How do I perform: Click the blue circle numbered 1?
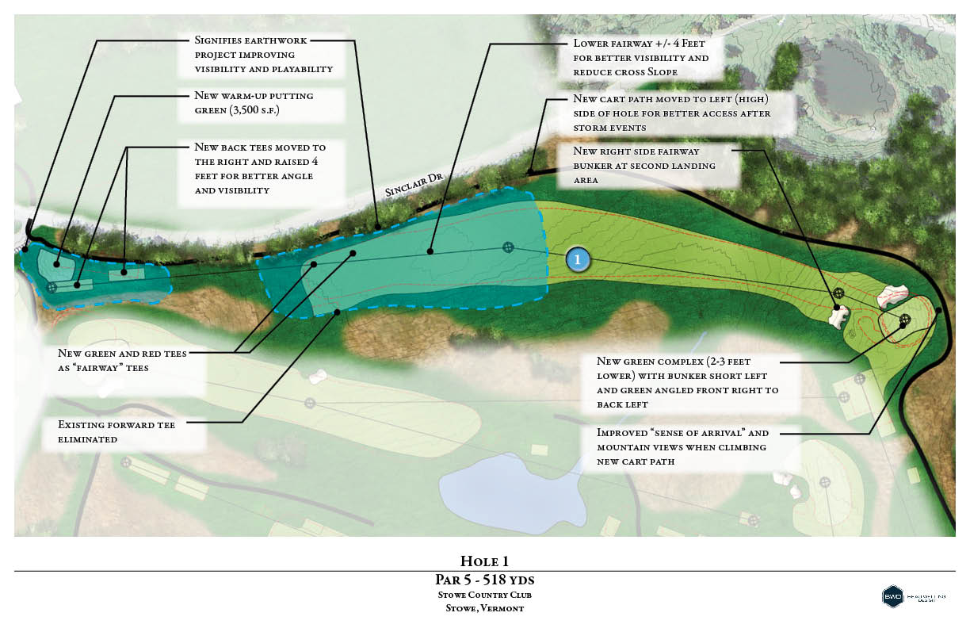(x=578, y=259)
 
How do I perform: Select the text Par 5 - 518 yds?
(x=485, y=580)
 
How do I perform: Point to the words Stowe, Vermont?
(x=485, y=608)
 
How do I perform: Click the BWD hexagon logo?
(x=893, y=597)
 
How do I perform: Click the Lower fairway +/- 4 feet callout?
(x=640, y=59)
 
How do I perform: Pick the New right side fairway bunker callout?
(x=643, y=166)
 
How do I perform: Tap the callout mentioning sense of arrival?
(x=682, y=446)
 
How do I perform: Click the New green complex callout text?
(x=686, y=382)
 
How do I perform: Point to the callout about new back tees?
(x=260, y=169)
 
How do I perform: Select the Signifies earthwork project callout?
(x=263, y=54)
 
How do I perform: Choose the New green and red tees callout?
(x=122, y=361)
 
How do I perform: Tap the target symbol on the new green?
(x=904, y=320)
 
